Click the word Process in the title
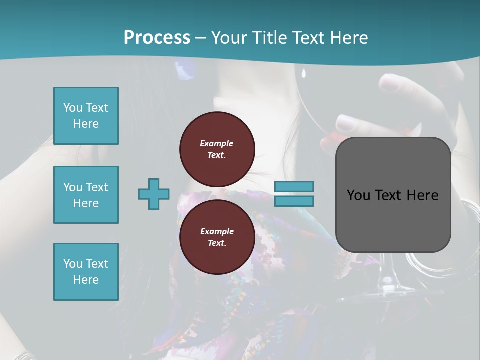pos(157,38)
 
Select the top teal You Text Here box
pos(86,116)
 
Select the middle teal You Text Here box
pos(86,195)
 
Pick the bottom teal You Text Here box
pos(86,272)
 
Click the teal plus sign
pos(154,194)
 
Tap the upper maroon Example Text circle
pos(217,149)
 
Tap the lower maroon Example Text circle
pos(217,237)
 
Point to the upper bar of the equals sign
pos(294,186)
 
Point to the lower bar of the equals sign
pos(294,201)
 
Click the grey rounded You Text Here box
pos(393,195)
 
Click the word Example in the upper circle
pos(217,143)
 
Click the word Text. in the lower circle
pos(217,243)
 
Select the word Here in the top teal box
pos(86,124)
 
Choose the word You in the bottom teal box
pos(73,264)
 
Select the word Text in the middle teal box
pos(96,187)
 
